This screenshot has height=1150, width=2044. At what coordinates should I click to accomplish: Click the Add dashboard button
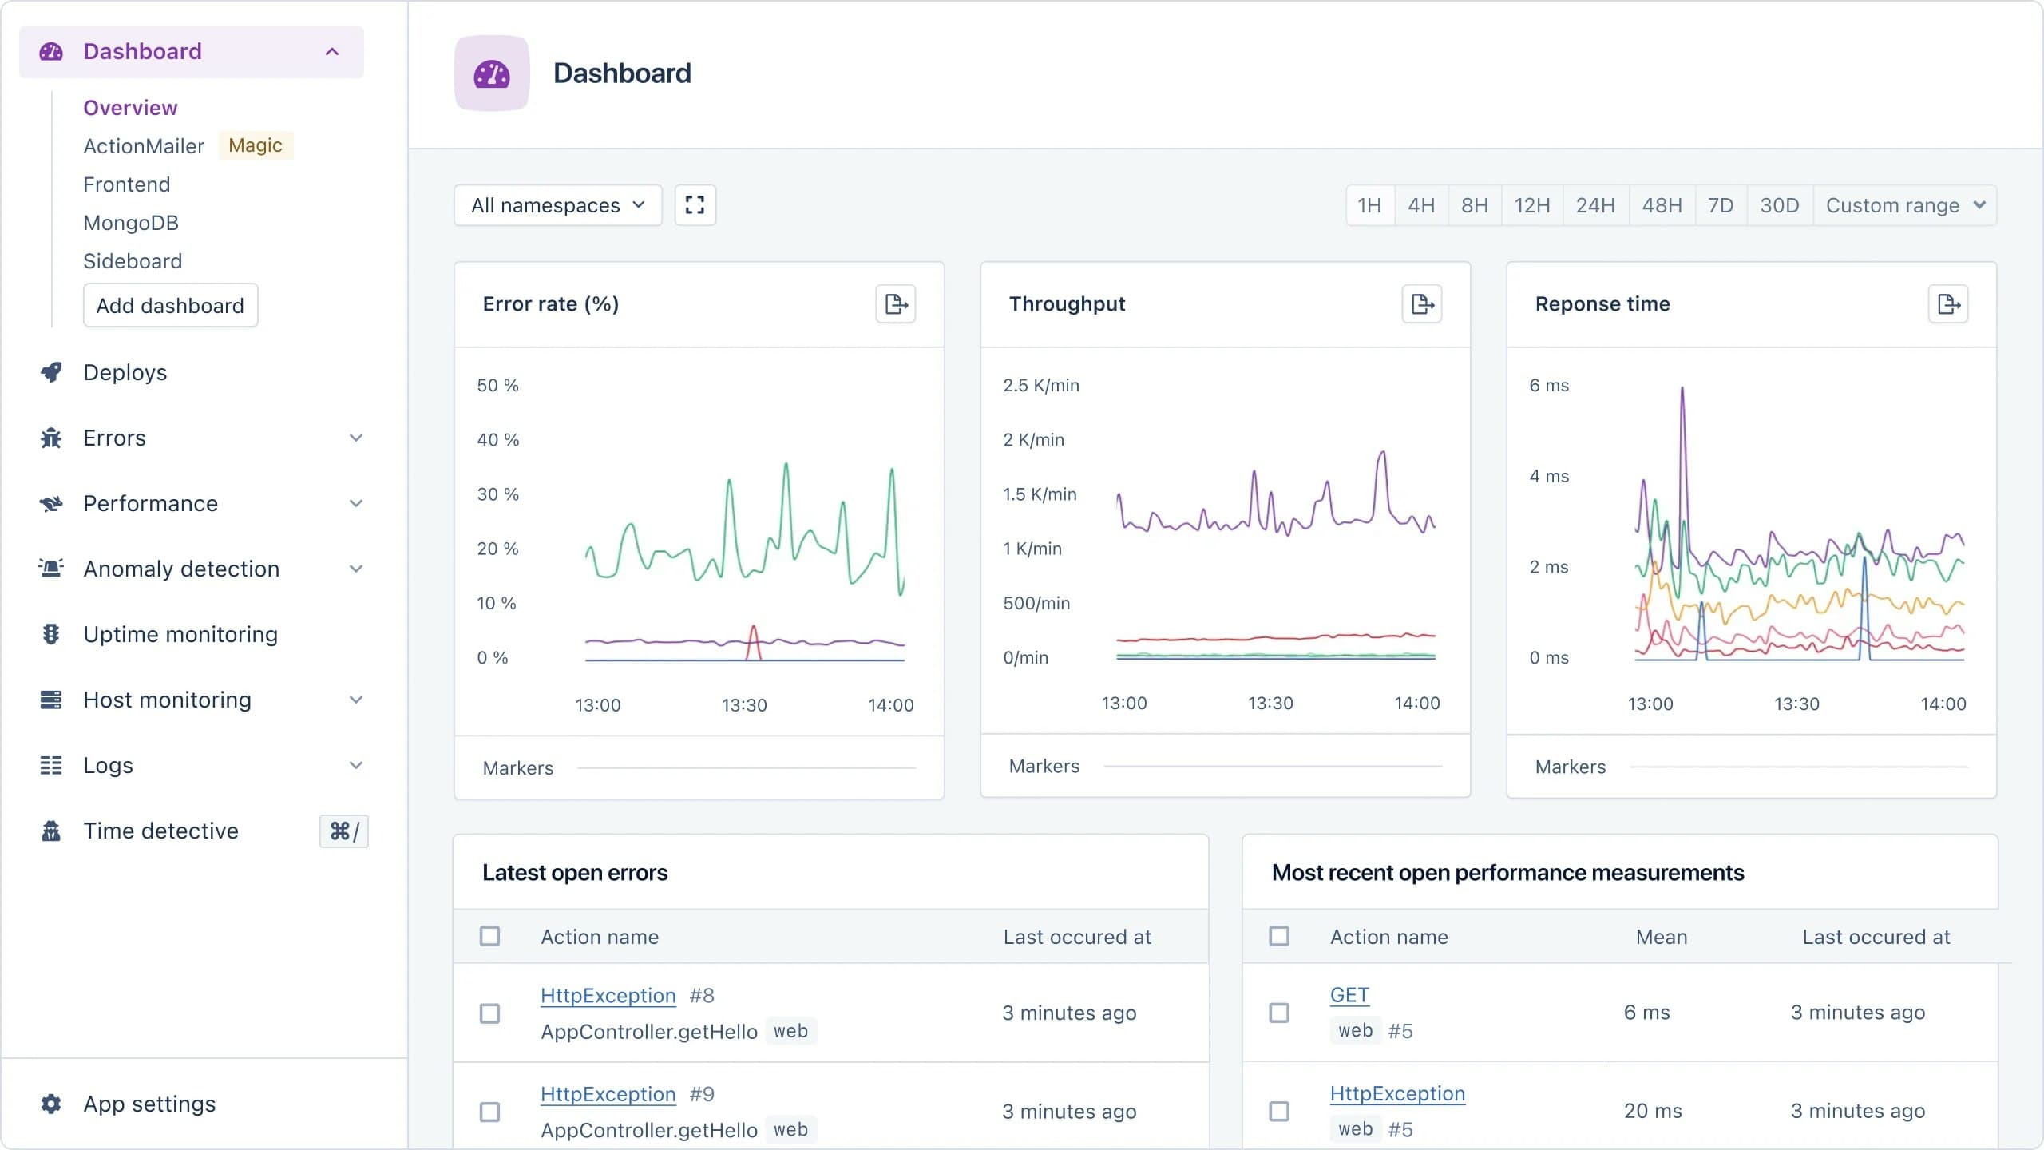[170, 305]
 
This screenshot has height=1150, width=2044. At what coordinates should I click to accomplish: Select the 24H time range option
[1594, 205]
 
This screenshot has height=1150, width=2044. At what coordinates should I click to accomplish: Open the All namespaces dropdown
[557, 205]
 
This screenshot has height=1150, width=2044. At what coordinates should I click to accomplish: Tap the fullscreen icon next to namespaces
[695, 205]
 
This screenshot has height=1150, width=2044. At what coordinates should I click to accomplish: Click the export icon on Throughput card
[1421, 303]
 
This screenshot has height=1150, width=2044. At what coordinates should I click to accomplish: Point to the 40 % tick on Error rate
[497, 439]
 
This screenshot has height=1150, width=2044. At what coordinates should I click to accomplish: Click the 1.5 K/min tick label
[1039, 494]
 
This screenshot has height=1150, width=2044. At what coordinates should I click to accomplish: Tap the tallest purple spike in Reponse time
[1682, 391]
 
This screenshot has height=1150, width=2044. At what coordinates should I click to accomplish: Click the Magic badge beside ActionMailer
[255, 145]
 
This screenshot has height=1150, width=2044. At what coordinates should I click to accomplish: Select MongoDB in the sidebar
[131, 223]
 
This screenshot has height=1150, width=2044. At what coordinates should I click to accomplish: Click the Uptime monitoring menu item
[180, 634]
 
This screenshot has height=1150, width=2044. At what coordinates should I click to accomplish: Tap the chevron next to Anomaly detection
[356, 569]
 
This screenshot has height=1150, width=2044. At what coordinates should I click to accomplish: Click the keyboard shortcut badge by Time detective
[344, 831]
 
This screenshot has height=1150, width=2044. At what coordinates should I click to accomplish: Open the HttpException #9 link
[608, 1094]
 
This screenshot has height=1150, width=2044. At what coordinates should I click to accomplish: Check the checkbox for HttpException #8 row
[489, 1013]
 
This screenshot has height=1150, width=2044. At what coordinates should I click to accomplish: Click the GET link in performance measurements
[1349, 995]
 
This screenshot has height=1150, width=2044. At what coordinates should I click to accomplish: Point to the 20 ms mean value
[1652, 1111]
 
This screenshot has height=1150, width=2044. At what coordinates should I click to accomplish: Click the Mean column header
[1661, 937]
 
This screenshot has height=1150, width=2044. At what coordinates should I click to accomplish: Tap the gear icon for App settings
[51, 1104]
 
